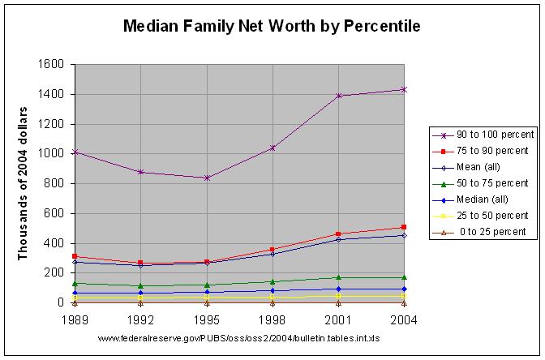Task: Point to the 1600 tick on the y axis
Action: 51,64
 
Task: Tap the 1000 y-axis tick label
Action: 51,153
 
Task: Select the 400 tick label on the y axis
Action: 54,243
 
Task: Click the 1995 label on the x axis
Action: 207,320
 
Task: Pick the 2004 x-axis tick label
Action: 404,320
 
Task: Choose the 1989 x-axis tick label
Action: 75,320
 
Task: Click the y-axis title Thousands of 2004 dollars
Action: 23,183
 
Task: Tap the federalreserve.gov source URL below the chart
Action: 238,338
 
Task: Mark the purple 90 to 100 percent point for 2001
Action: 338,96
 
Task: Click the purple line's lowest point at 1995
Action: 207,178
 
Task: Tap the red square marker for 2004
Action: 404,227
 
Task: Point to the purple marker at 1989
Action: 75,152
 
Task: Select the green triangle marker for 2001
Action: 338,277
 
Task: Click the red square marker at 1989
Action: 75,256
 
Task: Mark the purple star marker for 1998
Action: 272,148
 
